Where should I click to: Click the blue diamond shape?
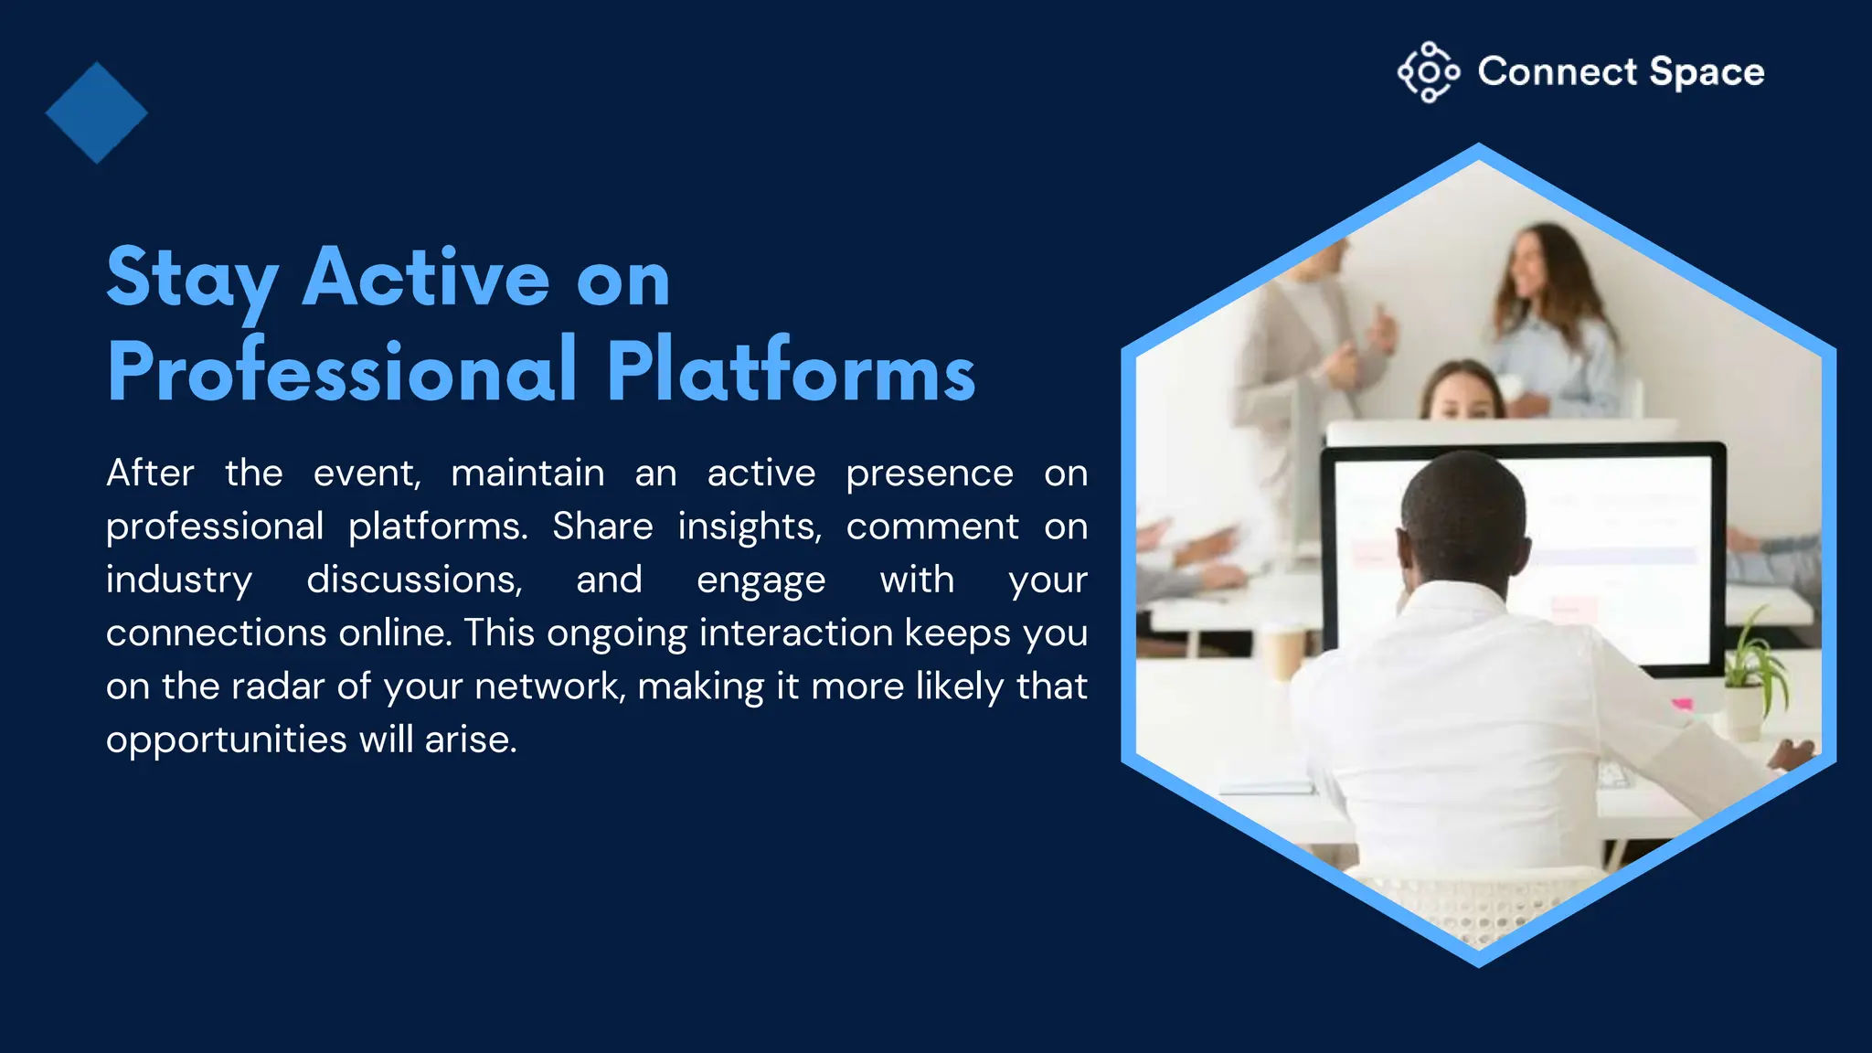pos(96,112)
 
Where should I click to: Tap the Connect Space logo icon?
pos(1428,71)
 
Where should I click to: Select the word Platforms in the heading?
pos(791,371)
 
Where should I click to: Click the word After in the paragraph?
pos(150,473)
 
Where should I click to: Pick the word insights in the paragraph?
pos(750,526)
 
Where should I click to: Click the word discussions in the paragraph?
pos(414,580)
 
